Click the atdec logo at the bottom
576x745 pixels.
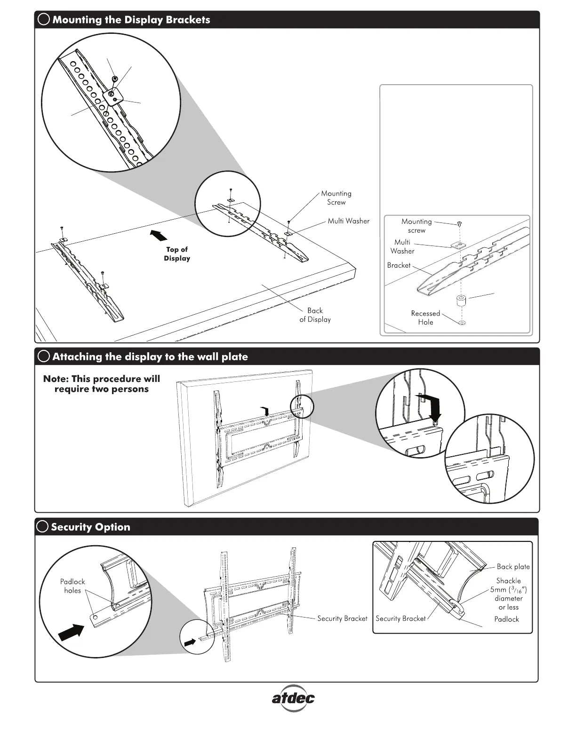293,697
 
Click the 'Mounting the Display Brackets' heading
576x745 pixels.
131,20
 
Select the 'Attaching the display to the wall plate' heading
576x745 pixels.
150,357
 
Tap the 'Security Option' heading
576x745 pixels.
90,527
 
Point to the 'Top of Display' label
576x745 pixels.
177,254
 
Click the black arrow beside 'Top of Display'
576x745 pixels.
157,234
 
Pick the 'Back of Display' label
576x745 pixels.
315,315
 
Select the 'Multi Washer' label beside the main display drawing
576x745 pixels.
348,221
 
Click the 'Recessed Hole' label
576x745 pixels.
425,318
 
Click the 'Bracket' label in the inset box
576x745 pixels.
399,265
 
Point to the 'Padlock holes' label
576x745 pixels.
72,586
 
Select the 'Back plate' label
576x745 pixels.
513,567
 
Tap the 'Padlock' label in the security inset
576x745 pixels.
506,619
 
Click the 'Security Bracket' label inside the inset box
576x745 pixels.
400,618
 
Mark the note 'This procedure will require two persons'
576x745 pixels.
102,384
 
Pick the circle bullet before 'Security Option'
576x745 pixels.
42,527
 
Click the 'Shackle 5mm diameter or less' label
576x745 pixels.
508,594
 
